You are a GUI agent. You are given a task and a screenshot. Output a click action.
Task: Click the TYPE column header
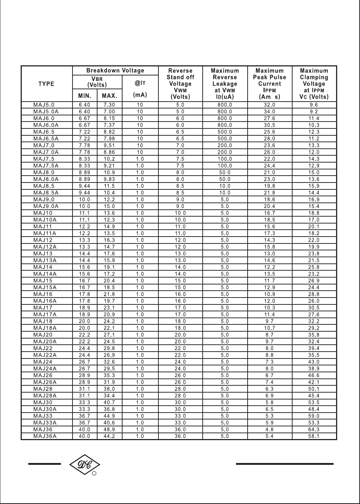[46, 84]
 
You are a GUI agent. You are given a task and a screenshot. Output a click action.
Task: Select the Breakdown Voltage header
[115, 71]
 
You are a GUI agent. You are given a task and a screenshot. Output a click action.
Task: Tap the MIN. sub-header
[85, 96]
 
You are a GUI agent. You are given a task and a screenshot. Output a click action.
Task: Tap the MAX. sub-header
[109, 96]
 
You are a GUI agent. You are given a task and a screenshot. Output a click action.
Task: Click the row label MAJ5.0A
[46, 112]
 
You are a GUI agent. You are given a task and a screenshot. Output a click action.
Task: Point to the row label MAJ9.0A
[46, 206]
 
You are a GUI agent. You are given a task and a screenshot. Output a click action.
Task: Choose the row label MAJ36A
[45, 436]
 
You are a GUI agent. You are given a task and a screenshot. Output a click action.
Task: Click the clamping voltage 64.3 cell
[314, 430]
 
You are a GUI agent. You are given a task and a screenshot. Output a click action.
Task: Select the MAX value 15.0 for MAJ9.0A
[109, 206]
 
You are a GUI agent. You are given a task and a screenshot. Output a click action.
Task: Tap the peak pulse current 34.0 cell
[269, 112]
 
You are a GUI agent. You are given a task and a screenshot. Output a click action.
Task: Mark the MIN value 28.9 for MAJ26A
[84, 382]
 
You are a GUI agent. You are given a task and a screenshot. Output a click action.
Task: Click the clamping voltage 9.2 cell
[314, 112]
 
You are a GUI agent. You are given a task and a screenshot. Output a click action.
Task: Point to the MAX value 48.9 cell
[109, 430]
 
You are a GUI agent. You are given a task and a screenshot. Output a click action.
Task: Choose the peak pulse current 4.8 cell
[269, 430]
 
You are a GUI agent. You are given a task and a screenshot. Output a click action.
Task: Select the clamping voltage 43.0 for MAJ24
[314, 362]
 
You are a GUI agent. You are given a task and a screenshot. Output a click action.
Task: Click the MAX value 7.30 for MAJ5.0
[109, 105]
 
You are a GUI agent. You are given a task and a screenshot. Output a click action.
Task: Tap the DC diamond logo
[84, 464]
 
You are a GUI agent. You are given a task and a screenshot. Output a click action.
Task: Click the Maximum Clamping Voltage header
[314, 84]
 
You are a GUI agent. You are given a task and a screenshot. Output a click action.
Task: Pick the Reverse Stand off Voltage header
[180, 84]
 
